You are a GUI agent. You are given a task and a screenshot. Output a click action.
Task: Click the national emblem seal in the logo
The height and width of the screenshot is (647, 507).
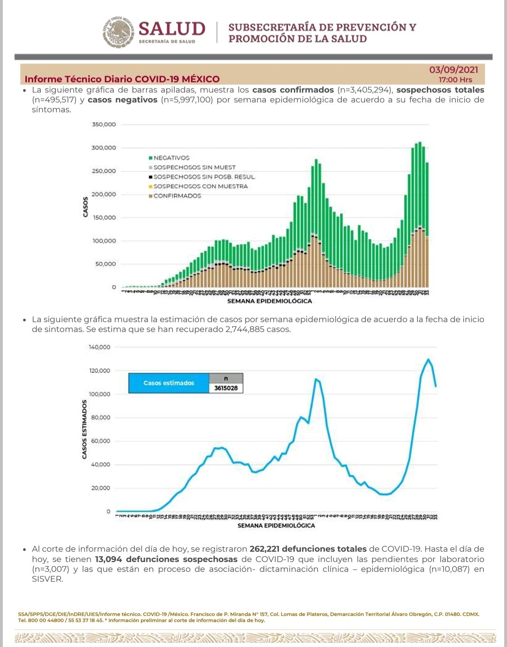[x=119, y=32]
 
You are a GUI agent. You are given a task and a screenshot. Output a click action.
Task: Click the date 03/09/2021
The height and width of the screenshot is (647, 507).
[x=453, y=70]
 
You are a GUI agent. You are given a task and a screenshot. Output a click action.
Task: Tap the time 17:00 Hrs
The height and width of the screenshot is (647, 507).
[x=455, y=80]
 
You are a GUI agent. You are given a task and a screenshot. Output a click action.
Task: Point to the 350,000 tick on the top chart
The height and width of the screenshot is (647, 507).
[x=104, y=124]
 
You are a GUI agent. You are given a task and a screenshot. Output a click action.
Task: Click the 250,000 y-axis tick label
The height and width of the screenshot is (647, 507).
[x=104, y=171]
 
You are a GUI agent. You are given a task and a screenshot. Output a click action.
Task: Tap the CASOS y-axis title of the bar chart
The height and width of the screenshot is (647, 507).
[x=85, y=207]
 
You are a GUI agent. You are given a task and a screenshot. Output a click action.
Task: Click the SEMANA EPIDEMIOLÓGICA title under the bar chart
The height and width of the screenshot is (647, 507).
[x=269, y=301]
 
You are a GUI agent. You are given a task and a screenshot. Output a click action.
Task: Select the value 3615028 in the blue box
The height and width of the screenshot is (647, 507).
[x=226, y=388]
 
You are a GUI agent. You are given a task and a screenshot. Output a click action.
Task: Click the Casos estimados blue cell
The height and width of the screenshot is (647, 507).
[x=169, y=383]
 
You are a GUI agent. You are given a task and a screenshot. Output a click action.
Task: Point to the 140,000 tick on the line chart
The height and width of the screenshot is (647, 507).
[x=100, y=347]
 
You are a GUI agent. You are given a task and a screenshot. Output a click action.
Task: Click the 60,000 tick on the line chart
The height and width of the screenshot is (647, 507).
[x=101, y=441]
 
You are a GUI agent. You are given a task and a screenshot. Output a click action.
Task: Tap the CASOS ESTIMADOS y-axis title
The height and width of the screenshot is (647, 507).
[x=84, y=429]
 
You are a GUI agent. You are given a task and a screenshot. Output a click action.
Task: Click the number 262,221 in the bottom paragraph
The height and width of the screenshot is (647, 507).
[x=264, y=549]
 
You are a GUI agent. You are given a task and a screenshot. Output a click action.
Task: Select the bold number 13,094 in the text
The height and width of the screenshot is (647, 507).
[x=109, y=559]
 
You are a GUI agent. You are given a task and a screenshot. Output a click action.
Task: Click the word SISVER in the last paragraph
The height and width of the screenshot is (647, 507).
[x=47, y=579]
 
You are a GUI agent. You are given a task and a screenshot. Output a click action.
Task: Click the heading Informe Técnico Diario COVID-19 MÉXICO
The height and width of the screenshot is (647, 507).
[x=122, y=79]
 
